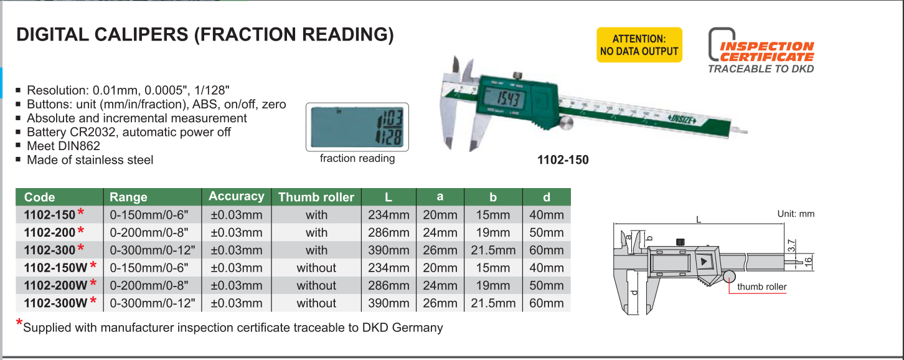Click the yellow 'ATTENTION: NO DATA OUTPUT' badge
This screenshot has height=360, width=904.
tap(639, 45)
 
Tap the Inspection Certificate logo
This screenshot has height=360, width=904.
tap(761, 50)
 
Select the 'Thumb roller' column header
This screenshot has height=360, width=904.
tap(316, 197)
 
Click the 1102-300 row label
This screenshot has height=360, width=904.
tap(50, 250)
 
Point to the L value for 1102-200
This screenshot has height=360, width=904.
tap(388, 233)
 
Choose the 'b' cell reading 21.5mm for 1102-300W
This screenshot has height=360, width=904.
tap(493, 303)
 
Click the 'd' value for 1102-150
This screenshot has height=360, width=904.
tap(546, 216)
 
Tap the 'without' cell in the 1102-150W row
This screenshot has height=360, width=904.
tap(316, 268)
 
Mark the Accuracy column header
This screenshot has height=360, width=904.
tap(236, 197)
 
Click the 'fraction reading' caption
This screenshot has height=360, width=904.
tap(357, 158)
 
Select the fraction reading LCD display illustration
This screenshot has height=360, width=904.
tap(357, 126)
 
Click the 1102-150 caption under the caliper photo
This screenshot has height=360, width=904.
tap(562, 160)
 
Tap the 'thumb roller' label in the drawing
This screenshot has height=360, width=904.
tap(761, 287)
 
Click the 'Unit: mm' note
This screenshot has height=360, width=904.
tap(796, 214)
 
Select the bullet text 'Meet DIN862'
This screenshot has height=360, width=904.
tap(63, 146)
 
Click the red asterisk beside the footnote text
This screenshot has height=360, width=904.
tap(19, 324)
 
